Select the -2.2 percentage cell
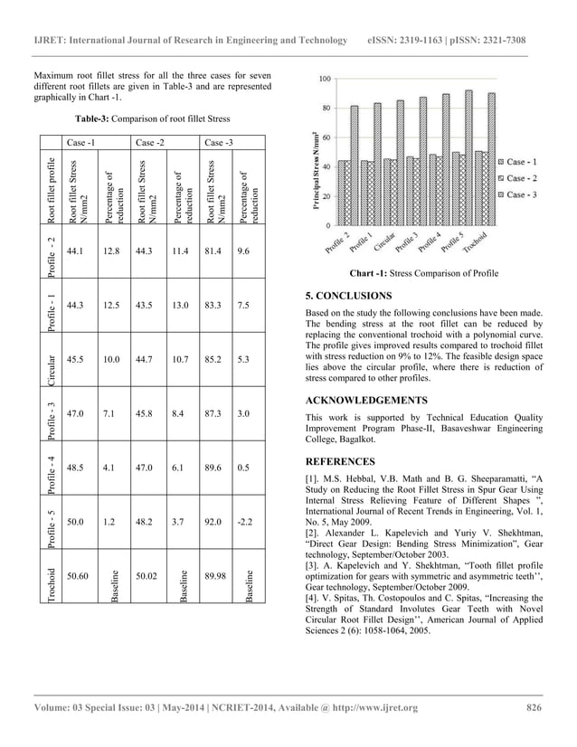[242, 522]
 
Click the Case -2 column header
[148, 142]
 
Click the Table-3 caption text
[152, 119]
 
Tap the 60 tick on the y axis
[326, 137]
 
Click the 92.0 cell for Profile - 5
[215, 522]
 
